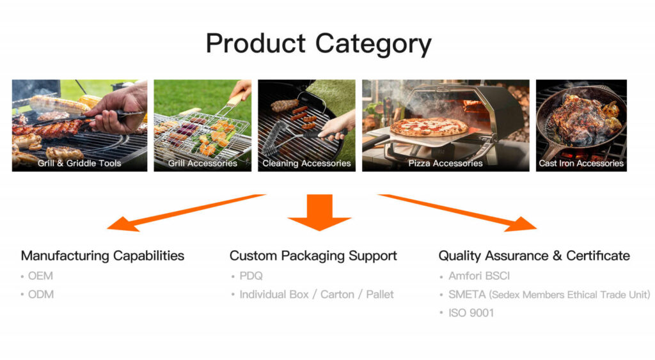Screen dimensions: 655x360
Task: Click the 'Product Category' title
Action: (x=319, y=44)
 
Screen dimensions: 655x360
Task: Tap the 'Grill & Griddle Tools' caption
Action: (x=79, y=163)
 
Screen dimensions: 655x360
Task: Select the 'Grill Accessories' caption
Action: (x=203, y=163)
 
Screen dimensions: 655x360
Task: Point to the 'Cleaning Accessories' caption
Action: (x=306, y=163)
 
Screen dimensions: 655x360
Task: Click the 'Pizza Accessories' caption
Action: (x=445, y=163)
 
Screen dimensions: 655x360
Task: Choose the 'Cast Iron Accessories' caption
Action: (x=581, y=163)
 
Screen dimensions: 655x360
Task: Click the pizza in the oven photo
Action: (x=428, y=127)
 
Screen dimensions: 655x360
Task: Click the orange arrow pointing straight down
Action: (x=320, y=212)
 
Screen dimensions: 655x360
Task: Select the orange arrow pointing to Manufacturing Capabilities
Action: (x=186, y=212)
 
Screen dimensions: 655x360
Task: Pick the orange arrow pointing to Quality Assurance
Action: (x=457, y=212)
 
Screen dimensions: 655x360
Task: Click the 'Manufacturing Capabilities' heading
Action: (x=103, y=256)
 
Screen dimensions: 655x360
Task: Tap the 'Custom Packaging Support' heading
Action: (x=313, y=256)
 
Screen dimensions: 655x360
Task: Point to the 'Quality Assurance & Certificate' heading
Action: (x=534, y=256)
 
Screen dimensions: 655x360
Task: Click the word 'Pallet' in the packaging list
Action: (x=380, y=294)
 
